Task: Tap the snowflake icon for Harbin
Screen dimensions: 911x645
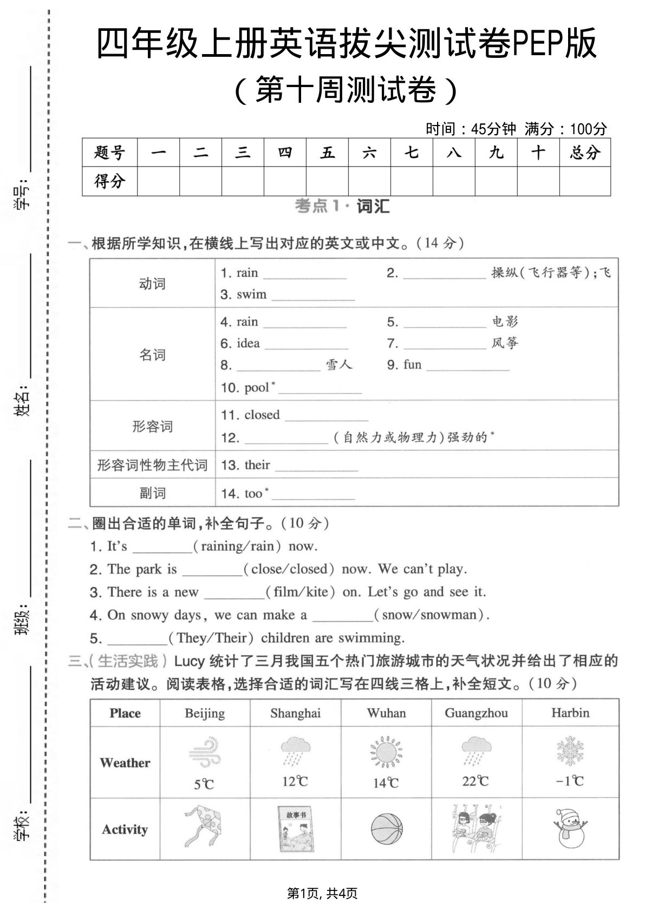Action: (570, 751)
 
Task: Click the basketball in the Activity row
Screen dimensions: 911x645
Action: (387, 829)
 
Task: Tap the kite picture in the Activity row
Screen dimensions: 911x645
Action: (204, 828)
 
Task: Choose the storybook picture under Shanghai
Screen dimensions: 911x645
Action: (296, 829)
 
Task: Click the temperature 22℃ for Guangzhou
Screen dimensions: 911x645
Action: (475, 781)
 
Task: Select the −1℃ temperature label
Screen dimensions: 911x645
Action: (570, 781)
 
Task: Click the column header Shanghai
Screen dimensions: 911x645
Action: (295, 713)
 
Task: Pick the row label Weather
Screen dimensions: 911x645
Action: (125, 763)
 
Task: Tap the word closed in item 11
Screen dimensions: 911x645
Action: (262, 415)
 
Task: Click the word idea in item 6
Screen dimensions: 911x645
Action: (248, 344)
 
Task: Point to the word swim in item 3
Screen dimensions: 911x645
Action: (252, 295)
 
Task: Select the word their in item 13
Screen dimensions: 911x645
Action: (257, 465)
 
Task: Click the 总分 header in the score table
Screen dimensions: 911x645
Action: (584, 153)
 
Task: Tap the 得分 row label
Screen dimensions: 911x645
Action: (109, 181)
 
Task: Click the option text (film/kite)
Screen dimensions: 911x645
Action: (301, 592)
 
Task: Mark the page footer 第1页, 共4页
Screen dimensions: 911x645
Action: (322, 893)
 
